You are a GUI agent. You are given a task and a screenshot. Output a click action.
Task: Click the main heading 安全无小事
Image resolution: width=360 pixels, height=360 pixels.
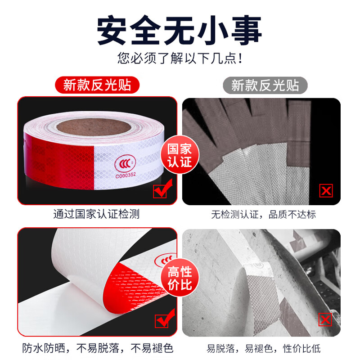[x=180, y=31]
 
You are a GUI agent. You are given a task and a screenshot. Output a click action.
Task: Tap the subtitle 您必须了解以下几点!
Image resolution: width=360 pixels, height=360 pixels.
[x=180, y=58]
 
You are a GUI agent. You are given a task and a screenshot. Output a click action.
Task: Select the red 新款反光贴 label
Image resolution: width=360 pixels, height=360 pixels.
[x=97, y=85]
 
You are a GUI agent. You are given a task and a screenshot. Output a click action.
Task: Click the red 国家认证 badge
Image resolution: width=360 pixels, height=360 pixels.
[x=180, y=156]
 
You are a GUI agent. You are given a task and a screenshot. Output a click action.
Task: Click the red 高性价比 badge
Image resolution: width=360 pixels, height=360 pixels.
[x=180, y=278]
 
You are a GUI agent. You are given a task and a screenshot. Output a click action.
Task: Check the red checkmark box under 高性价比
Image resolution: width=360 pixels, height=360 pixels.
[x=161, y=320]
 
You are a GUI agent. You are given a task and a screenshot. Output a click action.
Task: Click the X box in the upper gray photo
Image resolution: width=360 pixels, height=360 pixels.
[x=326, y=191]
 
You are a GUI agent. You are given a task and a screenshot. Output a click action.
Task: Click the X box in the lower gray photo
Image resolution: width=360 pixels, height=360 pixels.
[x=325, y=320]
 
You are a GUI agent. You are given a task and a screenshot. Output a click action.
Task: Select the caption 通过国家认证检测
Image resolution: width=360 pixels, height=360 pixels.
[x=96, y=214]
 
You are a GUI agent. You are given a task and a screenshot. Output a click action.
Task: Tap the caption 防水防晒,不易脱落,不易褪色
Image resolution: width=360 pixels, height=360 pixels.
[x=97, y=348]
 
